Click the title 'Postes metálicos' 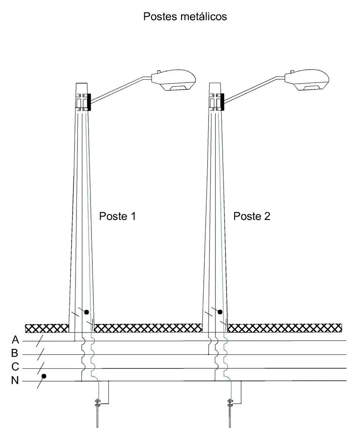185,16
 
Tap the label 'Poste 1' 118,216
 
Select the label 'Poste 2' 252,216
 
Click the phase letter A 15,340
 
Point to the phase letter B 15,353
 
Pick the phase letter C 15,367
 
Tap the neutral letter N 15,380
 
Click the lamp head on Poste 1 174,79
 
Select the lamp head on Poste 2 307,79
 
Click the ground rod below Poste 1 97,413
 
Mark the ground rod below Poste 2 230,413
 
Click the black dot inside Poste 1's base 86,312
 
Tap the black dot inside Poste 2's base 220,312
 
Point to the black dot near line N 44,376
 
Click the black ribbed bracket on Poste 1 89,102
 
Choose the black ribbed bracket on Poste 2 222,102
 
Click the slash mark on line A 40,341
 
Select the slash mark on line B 41,355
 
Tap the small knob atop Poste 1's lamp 159,72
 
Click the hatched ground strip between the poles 148,328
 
